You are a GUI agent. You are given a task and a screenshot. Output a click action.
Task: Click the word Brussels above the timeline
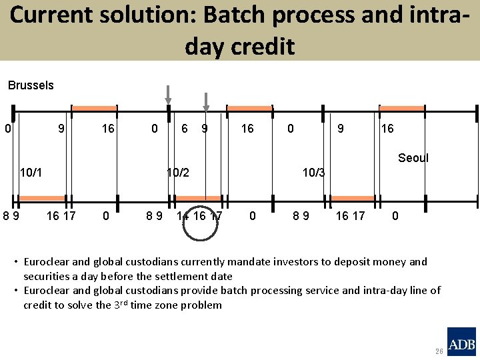click(x=31, y=85)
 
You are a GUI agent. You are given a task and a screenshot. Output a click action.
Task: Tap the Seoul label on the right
click(x=413, y=158)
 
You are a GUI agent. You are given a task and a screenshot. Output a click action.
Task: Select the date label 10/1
click(x=31, y=173)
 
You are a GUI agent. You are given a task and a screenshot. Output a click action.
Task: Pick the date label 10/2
click(x=178, y=173)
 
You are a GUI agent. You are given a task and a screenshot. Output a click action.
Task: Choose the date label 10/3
click(x=313, y=173)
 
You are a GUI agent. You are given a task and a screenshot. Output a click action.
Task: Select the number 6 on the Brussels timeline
click(x=185, y=127)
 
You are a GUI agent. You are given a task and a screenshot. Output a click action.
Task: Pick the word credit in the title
click(x=261, y=47)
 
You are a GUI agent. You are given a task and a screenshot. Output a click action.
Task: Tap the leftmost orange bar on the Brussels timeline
click(x=94, y=108)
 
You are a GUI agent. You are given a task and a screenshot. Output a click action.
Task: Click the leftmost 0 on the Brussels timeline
click(x=7, y=127)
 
